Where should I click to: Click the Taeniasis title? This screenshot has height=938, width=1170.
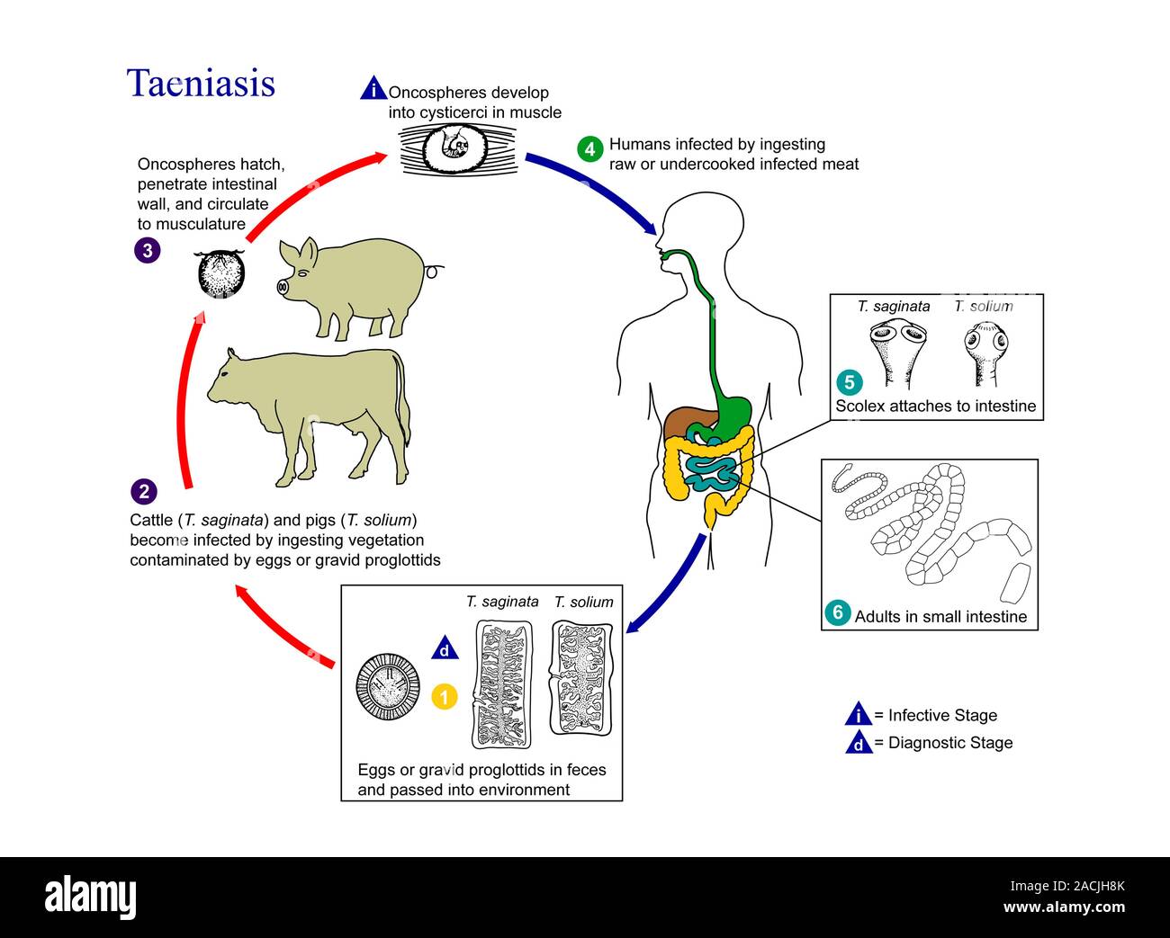point(201,84)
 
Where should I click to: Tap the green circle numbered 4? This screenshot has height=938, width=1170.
point(589,148)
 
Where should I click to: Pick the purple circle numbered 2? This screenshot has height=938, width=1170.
point(144,491)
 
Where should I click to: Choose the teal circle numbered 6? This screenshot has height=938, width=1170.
point(837,613)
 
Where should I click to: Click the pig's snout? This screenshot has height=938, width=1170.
point(283,288)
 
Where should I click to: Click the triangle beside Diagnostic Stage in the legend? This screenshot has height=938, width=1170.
point(859,743)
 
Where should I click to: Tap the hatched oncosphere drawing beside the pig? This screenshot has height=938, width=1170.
point(220,273)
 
